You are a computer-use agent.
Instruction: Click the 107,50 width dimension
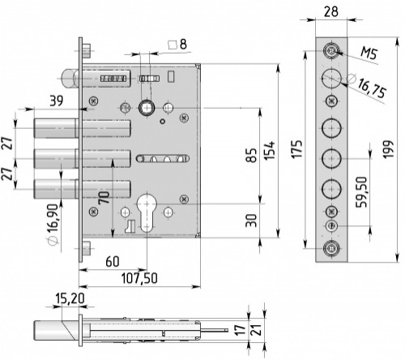pos(139,278)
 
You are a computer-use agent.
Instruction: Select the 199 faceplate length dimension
pos(388,149)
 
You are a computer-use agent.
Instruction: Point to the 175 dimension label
pos(296,149)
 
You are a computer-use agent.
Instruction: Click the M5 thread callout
pos(369,53)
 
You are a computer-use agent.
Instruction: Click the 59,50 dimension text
pos(361,192)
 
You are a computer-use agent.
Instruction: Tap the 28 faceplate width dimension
pos(330,11)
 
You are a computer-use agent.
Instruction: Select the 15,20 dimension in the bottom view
pos(70,298)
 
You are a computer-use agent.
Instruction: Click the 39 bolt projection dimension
pos(57,101)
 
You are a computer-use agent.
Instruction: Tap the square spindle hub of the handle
pos(147,108)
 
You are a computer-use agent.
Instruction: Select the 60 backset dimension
pos(113,262)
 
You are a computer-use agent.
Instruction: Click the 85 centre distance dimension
pos(252,155)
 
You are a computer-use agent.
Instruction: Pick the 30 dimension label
pos(252,221)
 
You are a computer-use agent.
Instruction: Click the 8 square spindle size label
pos(183,44)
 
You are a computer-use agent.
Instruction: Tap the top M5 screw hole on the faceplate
pos(331,50)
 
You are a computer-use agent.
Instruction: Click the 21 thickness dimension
pos(257,330)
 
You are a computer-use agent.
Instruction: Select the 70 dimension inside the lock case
pos(104,198)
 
